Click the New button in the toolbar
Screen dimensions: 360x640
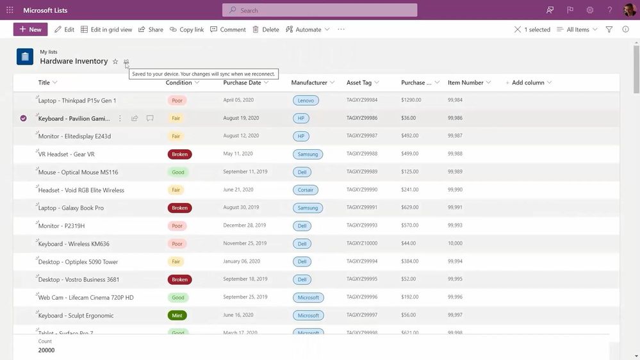30,29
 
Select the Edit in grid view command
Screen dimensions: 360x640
106,29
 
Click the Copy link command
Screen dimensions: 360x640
186,29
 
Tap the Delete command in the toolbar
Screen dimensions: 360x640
265,29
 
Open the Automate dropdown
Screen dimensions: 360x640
308,29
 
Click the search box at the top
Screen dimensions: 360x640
320,10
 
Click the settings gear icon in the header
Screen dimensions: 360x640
590,10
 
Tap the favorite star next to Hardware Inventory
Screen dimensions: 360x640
115,61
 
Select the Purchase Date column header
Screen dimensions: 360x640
242,83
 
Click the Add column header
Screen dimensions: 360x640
528,83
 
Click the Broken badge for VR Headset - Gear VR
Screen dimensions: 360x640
179,154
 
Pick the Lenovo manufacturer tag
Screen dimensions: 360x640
306,101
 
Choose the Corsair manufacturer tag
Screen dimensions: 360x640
306,190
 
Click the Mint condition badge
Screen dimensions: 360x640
177,316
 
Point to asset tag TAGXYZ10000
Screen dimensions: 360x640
362,244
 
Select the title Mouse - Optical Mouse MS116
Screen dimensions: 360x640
78,172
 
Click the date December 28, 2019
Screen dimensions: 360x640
244,226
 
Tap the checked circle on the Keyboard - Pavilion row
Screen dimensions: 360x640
24,119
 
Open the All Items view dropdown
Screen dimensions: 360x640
577,29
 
